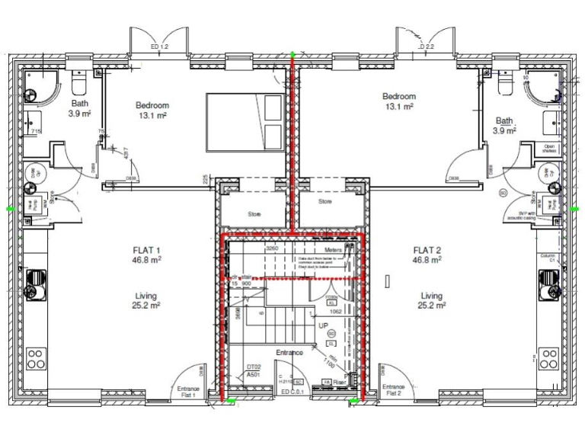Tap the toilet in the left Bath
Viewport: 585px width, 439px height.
79,80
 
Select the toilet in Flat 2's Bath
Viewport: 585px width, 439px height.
507,80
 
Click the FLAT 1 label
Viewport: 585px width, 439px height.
148,255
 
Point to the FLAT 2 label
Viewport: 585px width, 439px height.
427,255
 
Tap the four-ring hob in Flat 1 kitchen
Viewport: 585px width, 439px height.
35,358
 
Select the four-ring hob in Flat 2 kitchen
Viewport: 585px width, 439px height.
548,358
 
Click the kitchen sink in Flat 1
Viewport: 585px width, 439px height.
35,284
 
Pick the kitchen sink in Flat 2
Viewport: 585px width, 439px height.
548,284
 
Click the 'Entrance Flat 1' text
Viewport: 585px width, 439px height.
188,392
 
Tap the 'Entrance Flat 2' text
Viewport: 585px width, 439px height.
393,390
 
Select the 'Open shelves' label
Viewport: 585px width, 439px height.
549,149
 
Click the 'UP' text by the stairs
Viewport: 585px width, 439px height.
323,325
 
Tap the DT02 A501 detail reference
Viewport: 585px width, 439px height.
254,370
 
